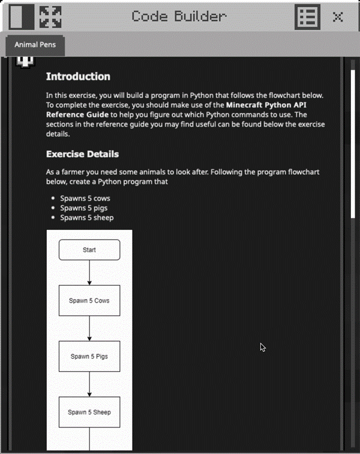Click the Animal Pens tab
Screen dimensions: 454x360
[34, 46]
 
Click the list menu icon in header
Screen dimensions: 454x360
[307, 17]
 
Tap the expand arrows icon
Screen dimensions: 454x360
[50, 17]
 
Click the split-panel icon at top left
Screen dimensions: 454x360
[22, 17]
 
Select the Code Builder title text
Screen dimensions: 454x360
[179, 17]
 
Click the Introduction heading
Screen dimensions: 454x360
[78, 77]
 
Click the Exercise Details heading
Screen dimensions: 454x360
[82, 154]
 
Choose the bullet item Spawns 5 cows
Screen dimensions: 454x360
[85, 198]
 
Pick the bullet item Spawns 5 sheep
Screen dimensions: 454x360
[86, 217]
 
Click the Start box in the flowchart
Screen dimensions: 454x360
[89, 250]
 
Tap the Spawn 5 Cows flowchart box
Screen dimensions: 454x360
[89, 301]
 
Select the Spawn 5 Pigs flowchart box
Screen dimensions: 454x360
[89, 356]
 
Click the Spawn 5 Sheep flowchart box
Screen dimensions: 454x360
[89, 412]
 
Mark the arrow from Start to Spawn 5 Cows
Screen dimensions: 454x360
[89, 273]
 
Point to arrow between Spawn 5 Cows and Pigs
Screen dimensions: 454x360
[89, 328]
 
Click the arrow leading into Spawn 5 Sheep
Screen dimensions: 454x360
[89, 384]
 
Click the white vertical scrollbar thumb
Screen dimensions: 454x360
[353, 138]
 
